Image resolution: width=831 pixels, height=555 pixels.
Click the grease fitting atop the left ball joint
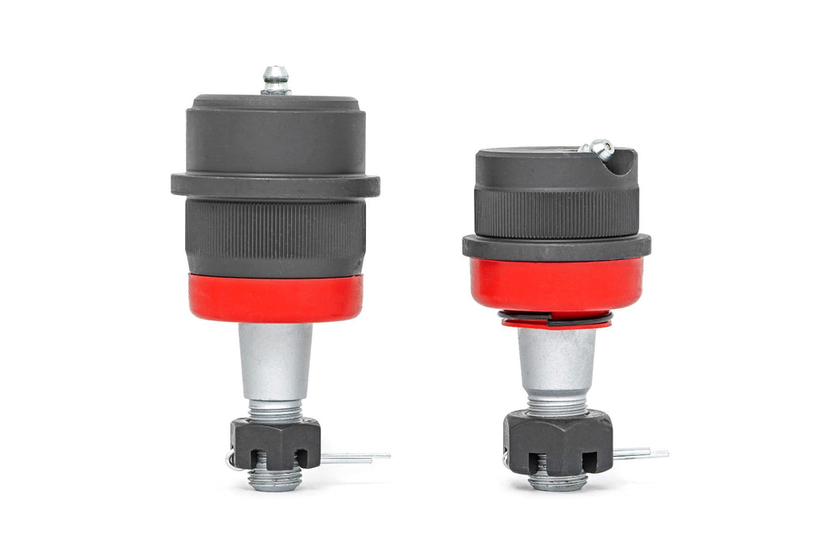[275, 80]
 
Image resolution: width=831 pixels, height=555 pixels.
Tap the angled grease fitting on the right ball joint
[599, 148]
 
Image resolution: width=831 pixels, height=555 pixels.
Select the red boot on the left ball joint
[275, 297]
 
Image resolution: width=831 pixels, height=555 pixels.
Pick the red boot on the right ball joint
[557, 284]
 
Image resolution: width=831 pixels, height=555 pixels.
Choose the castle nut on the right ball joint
[557, 441]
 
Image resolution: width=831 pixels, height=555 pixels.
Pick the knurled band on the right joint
[557, 213]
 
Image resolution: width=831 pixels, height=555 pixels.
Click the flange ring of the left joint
[275, 184]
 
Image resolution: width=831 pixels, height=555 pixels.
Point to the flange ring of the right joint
[557, 246]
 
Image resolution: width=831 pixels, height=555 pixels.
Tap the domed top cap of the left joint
[275, 134]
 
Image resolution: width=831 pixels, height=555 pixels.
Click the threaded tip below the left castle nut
[275, 480]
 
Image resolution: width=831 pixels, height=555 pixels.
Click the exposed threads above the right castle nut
[557, 404]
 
